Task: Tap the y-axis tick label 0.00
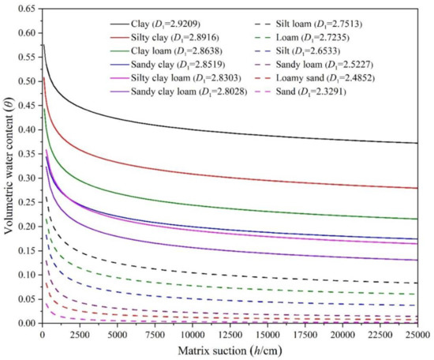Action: point(26,324)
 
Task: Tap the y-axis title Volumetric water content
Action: point(9,166)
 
